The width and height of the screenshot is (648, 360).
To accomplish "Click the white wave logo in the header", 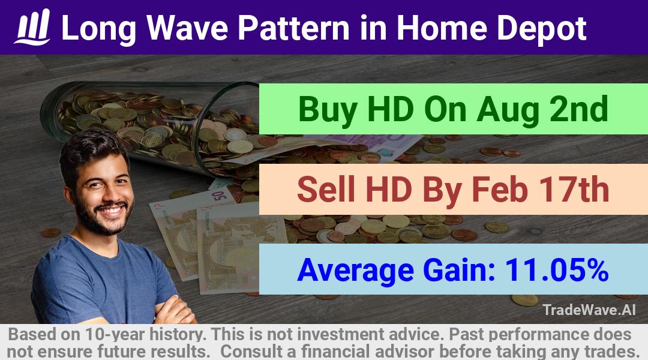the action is click(x=32, y=27).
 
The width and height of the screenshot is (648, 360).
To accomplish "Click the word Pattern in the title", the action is click(x=294, y=28).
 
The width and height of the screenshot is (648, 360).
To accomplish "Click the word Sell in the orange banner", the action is click(x=326, y=189).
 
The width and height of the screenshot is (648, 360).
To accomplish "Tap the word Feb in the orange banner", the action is click(x=500, y=189).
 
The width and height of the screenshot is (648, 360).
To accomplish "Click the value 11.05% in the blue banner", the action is click(x=557, y=270).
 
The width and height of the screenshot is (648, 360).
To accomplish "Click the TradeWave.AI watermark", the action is click(x=589, y=310).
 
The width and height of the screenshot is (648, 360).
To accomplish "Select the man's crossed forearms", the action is click(x=173, y=311).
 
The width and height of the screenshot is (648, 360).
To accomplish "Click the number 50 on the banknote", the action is click(x=220, y=194).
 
